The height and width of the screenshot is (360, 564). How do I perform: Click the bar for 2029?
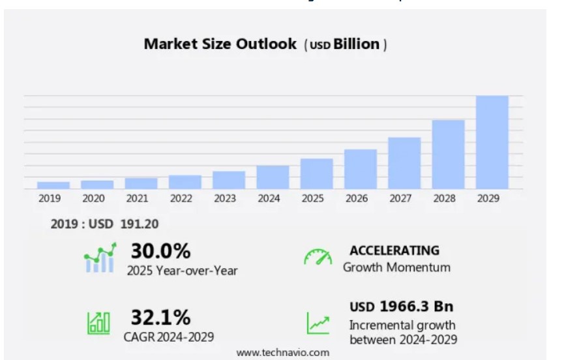(x=492, y=142)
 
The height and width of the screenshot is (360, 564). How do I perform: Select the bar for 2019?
(x=53, y=185)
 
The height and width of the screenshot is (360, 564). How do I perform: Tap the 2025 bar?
(x=316, y=173)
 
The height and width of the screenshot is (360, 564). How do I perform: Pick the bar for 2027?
(x=404, y=163)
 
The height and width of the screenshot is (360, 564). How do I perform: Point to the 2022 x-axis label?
(x=181, y=198)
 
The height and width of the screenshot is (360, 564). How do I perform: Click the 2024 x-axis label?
(x=269, y=198)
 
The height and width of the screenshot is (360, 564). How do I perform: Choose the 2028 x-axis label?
(x=448, y=198)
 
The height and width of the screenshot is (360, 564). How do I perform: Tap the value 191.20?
(x=140, y=224)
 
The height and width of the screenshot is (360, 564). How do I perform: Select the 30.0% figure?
(x=160, y=250)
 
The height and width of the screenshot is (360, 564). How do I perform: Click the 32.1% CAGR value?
(x=160, y=318)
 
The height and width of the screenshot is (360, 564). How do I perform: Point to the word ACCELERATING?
(x=394, y=250)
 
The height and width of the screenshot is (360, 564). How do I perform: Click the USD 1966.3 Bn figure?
(x=401, y=307)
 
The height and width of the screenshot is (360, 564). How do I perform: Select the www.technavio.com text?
(x=282, y=352)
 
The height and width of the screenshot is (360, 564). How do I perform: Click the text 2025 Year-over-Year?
(x=182, y=270)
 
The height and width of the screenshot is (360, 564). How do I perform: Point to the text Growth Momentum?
(x=396, y=267)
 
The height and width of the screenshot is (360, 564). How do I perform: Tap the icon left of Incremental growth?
(x=318, y=323)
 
